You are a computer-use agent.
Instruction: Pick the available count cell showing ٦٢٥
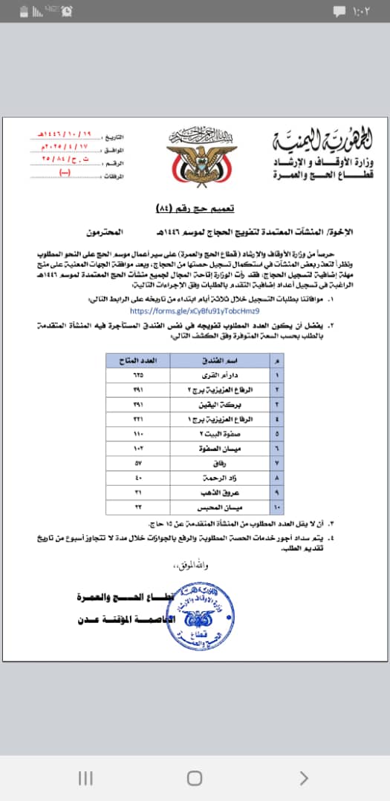[x=137, y=375]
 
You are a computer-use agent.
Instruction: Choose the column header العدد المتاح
[x=137, y=360]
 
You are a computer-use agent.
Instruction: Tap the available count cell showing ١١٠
[x=137, y=434]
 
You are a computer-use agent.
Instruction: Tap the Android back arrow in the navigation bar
[x=303, y=778]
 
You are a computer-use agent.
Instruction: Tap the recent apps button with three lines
[x=85, y=778]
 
